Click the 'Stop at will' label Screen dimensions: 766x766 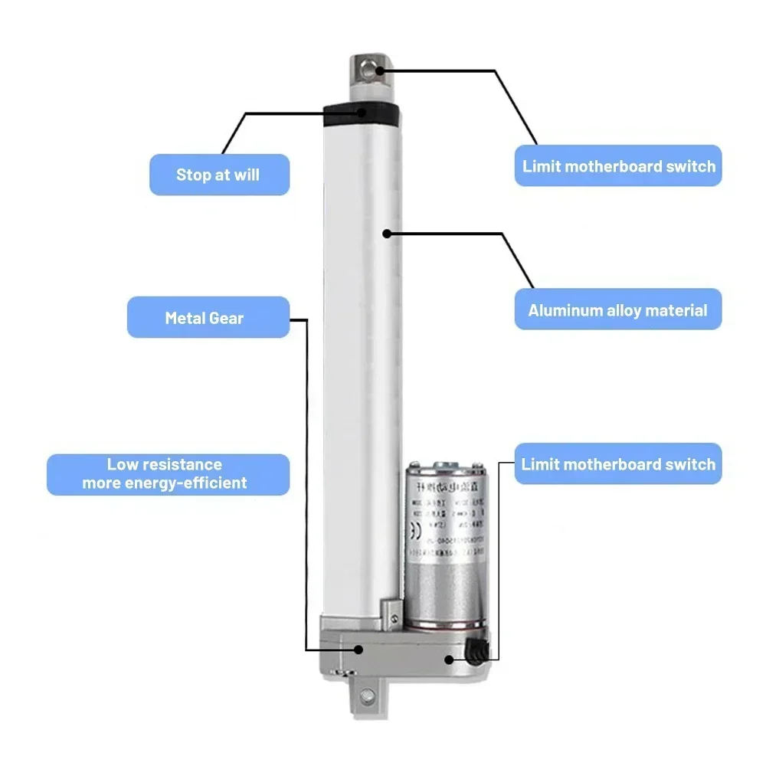coord(218,175)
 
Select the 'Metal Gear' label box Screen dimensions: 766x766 coord(208,317)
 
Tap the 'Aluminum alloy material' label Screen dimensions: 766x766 coord(617,310)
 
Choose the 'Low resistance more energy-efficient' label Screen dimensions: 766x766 coord(168,474)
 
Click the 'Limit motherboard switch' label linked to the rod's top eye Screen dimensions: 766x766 coord(618,165)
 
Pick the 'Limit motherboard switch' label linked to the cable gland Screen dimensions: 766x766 coord(617,463)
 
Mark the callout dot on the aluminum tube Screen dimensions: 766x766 coord(388,232)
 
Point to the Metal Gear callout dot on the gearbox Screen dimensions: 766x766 coord(358,649)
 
